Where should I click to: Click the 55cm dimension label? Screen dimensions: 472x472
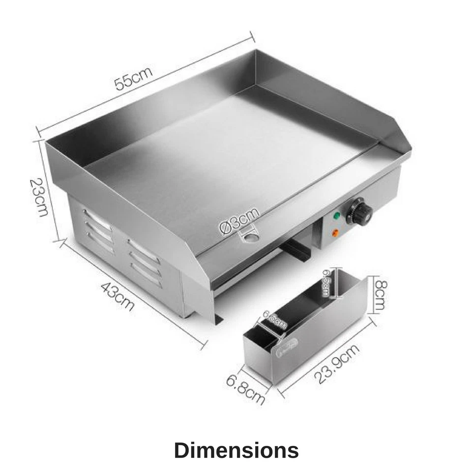133,78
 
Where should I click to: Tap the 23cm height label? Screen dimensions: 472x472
39,197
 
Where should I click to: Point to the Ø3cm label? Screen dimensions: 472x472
239,221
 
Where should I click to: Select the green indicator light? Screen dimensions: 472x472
337,215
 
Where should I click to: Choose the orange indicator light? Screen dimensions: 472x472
335,233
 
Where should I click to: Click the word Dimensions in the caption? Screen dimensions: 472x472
236,450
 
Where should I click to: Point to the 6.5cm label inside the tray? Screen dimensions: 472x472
326,283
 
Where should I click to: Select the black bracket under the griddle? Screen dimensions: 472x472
296,248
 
